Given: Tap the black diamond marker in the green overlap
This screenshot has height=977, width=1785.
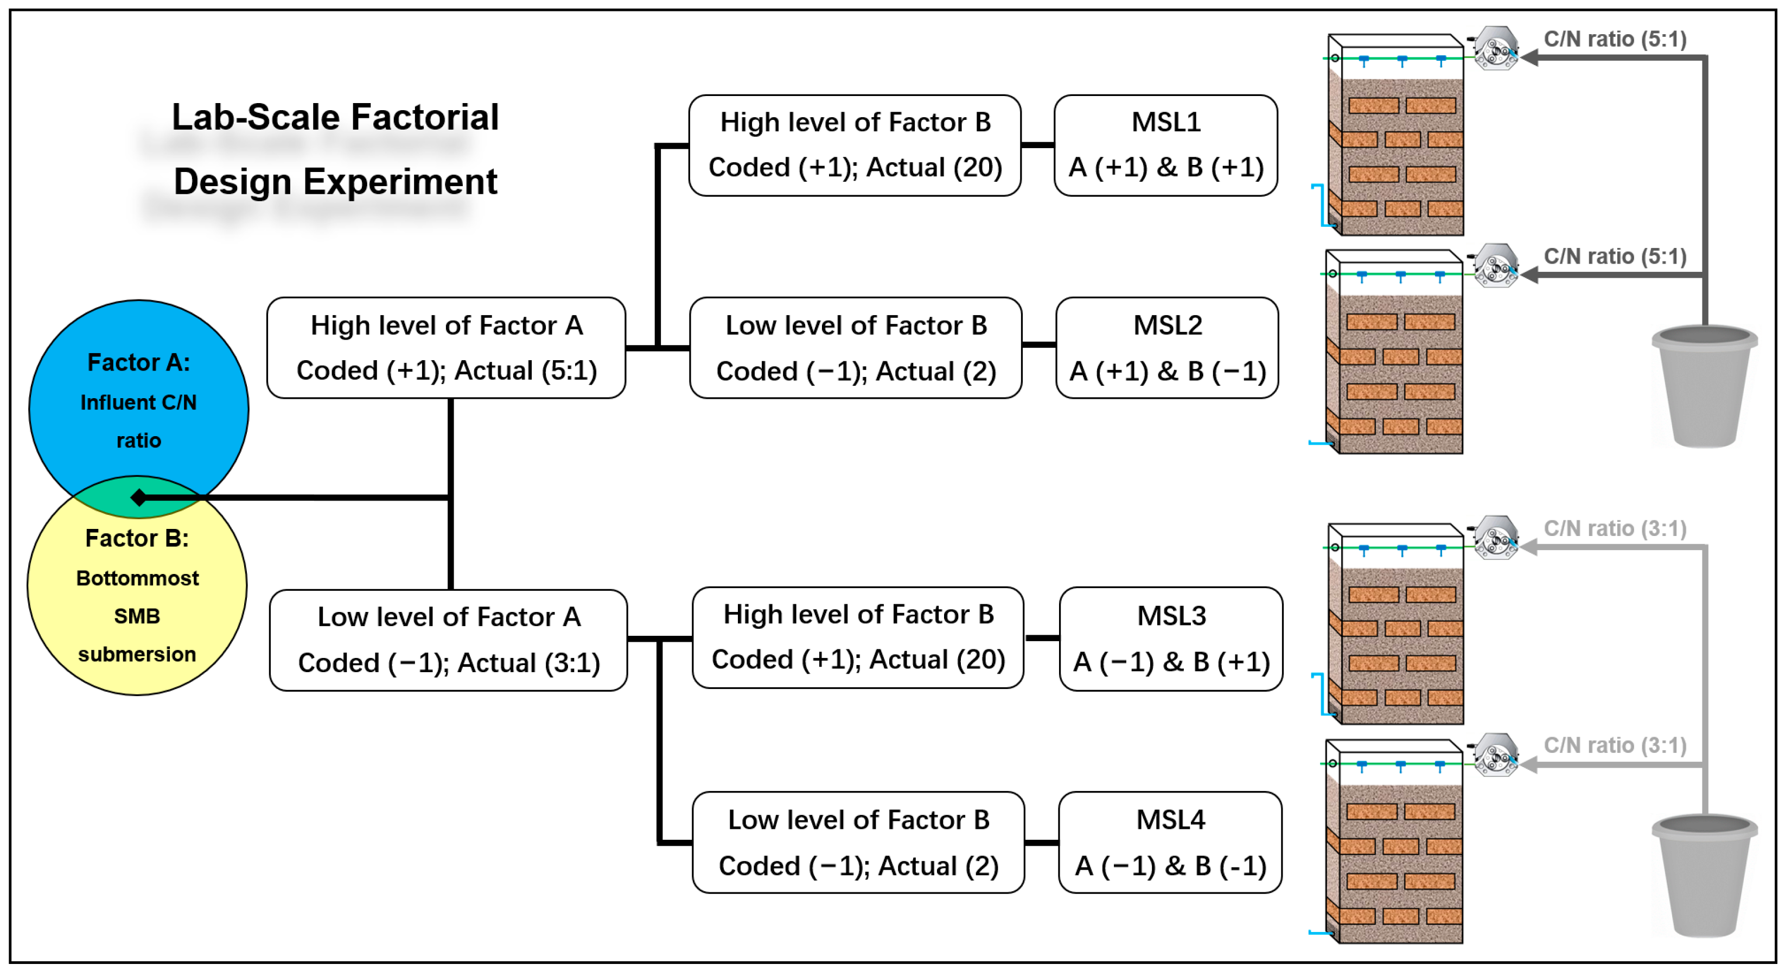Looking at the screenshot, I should tap(138, 497).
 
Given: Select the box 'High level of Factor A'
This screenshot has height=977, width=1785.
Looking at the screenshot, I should tap(445, 348).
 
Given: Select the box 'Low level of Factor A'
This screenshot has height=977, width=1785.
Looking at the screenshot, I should tap(448, 640).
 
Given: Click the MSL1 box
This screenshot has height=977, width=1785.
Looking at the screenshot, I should tap(1165, 145).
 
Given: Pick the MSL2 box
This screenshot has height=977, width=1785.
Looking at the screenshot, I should tap(1167, 348).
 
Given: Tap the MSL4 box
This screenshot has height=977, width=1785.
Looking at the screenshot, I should tap(1170, 842).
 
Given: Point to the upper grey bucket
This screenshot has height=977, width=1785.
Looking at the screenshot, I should tap(1704, 388).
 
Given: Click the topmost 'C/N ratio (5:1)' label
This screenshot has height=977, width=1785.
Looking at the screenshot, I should tap(1615, 39).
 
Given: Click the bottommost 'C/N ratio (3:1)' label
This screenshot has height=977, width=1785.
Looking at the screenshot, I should tap(1615, 745).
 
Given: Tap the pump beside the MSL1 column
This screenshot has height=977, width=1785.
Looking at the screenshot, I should tap(1495, 48).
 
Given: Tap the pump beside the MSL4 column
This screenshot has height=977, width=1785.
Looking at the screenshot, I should tap(1495, 755).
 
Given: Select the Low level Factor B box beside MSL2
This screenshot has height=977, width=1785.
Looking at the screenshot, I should tap(856, 348).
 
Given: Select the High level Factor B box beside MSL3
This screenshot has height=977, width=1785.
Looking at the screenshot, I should tap(858, 637).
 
